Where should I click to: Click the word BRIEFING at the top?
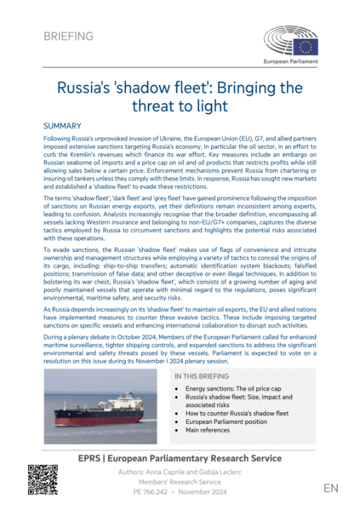(68, 37)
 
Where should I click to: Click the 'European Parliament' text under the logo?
(291, 62)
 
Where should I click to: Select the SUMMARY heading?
(62, 126)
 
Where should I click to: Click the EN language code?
(330, 488)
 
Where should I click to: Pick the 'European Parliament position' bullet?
(226, 421)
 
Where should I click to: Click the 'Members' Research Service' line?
(179, 482)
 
